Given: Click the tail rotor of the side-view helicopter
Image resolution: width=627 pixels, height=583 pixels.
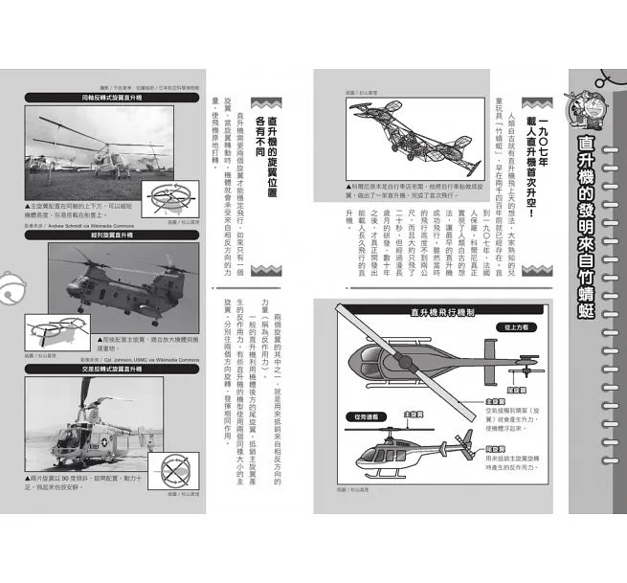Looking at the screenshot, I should (468, 442).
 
